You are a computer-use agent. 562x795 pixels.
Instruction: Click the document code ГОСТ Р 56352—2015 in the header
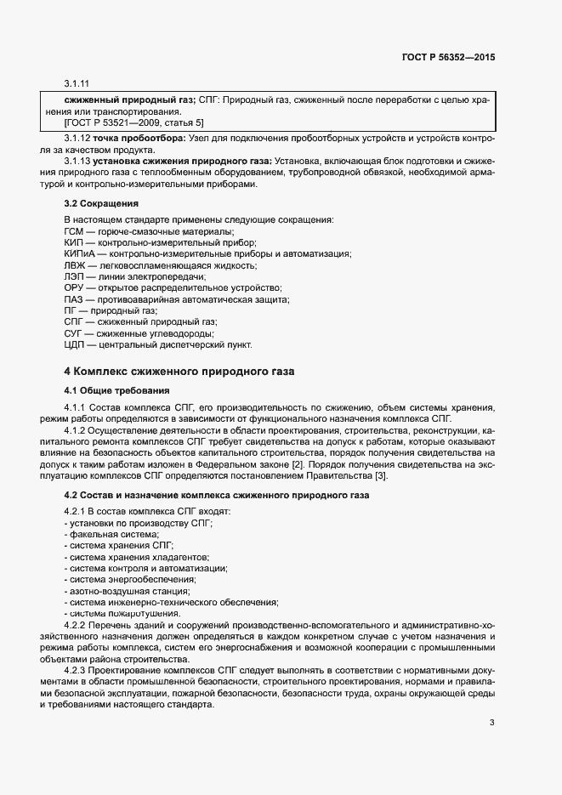[447, 59]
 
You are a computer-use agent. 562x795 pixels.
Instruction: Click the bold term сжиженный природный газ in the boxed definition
[124, 100]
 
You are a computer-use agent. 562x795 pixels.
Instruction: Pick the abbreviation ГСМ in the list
[75, 232]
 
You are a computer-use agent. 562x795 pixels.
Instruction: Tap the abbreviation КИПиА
[79, 254]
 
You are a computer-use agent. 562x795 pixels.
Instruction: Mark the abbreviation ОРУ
[75, 288]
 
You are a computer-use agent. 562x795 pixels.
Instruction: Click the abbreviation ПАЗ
[75, 299]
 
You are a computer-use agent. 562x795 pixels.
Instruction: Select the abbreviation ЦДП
[75, 344]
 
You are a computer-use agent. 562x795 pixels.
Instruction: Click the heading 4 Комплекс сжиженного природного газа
[179, 372]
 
